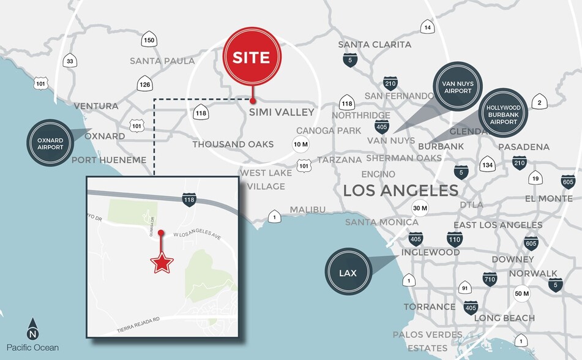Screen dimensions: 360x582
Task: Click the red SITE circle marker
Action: tap(251, 58)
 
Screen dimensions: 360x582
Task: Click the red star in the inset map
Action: tap(162, 263)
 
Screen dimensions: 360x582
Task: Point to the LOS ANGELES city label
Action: tap(400, 190)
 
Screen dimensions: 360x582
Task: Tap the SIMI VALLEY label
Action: tap(282, 113)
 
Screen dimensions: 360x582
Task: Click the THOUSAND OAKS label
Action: tap(233, 144)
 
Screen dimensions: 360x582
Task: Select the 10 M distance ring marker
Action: tap(300, 145)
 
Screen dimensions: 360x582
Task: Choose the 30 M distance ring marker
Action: tap(420, 208)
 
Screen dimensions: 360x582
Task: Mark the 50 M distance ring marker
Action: tap(522, 294)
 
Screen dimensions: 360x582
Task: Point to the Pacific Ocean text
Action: tap(32, 348)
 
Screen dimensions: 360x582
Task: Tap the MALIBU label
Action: tap(307, 210)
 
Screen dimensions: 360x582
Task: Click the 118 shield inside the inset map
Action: tap(189, 199)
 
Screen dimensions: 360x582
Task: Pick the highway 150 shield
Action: tap(149, 40)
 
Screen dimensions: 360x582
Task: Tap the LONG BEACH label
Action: tap(504, 318)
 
